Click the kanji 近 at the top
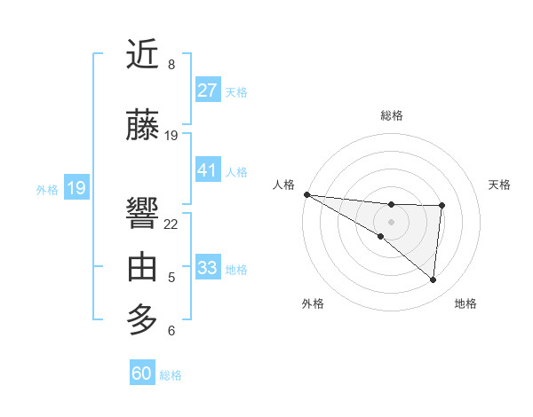(x=143, y=55)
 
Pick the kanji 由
(x=143, y=266)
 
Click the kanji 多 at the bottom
(x=143, y=318)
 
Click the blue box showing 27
(x=208, y=90)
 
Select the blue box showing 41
(x=208, y=170)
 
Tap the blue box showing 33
(x=208, y=268)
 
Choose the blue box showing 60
(x=142, y=374)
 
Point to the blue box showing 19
(x=76, y=188)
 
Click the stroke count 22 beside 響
(x=171, y=224)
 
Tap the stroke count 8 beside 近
(x=171, y=65)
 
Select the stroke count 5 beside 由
(x=171, y=278)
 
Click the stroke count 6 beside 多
(x=171, y=331)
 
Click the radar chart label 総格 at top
(x=391, y=115)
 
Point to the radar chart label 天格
(x=500, y=185)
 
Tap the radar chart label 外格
(x=313, y=303)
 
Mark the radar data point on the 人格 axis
(x=306, y=193)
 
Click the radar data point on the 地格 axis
(x=434, y=280)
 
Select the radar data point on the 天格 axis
(x=442, y=206)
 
